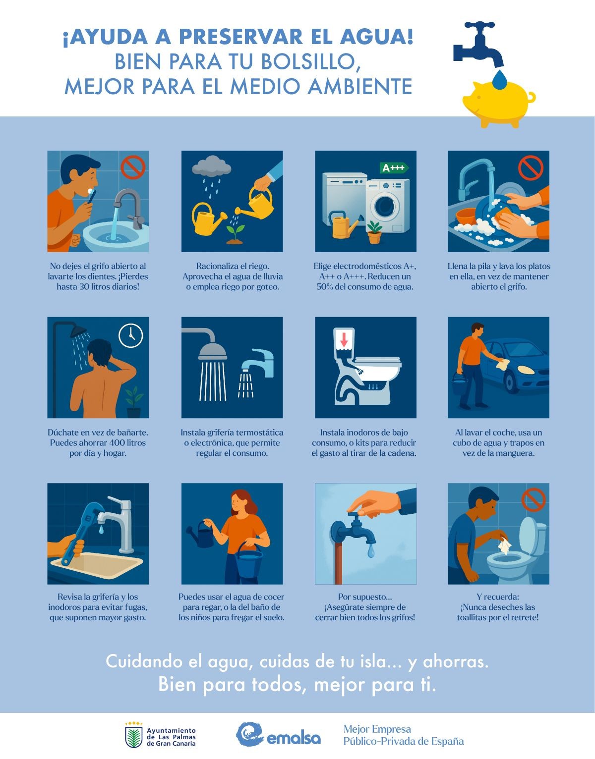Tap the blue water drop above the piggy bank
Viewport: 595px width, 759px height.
click(x=500, y=79)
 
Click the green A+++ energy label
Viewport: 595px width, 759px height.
click(x=394, y=167)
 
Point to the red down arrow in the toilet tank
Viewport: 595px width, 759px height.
click(x=344, y=339)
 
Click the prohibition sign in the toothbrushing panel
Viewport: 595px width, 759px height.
click(x=133, y=167)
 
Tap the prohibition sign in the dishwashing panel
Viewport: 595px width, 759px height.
click(x=531, y=167)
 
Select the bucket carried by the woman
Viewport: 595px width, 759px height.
click(x=248, y=559)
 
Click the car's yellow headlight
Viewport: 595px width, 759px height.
click(x=525, y=370)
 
